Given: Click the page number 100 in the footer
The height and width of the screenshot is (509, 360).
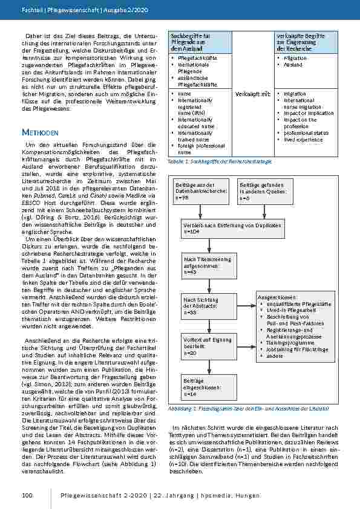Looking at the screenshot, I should pyautogui.click(x=27, y=496).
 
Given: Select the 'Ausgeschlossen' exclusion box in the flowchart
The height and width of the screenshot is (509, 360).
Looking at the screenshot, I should pyautogui.click(x=295, y=326).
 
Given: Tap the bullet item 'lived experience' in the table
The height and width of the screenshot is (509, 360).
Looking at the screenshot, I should pyautogui.click(x=303, y=140).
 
